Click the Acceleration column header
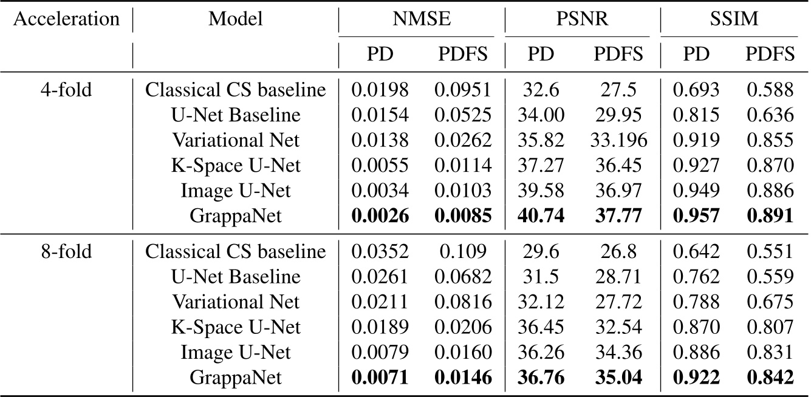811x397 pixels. coord(66,19)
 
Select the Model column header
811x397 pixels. coord(236,19)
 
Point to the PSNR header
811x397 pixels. coord(583,19)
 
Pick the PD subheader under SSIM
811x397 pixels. coord(693,55)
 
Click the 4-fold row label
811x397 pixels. coord(66,90)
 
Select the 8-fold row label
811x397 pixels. coord(66,251)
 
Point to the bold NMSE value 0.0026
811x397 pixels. coord(379,215)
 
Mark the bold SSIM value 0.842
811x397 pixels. coord(770,376)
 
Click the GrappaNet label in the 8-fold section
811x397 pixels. coord(236,376)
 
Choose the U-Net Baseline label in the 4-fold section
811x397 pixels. coord(236,115)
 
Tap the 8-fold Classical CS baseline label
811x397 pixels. coord(236,251)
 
